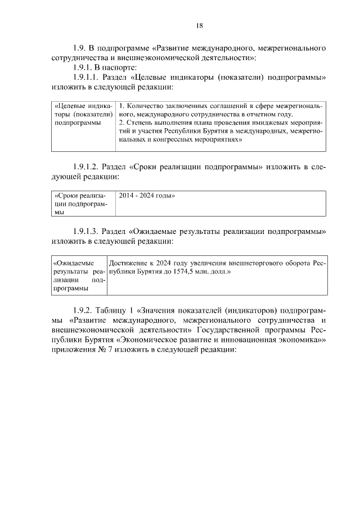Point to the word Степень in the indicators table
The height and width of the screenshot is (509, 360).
(139, 122)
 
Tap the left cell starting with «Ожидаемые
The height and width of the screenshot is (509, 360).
(78, 275)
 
